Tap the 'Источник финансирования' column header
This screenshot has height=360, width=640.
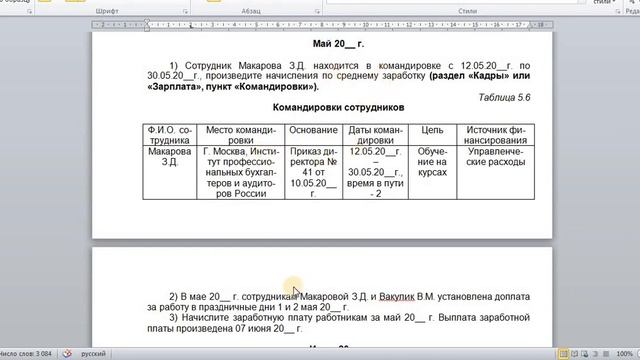tap(494, 135)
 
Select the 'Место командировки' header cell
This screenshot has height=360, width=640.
tap(240, 135)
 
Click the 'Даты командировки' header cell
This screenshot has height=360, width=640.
tap(376, 135)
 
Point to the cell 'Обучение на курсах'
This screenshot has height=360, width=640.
tap(432, 164)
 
